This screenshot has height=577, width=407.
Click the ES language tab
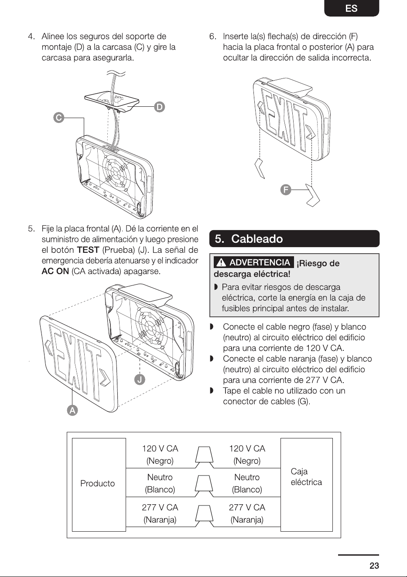tap(352, 8)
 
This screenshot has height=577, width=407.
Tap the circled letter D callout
tap(159, 107)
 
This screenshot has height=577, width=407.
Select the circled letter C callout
tap(59, 118)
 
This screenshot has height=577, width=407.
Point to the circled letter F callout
tap(286, 190)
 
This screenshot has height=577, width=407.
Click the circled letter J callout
tap(140, 380)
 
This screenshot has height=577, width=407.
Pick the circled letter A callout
tap(72, 411)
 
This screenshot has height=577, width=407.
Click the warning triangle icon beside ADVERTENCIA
tap(221, 262)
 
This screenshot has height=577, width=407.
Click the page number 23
tap(374, 566)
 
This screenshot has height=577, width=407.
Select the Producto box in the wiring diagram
tap(99, 485)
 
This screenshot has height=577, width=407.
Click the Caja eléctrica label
tap(306, 477)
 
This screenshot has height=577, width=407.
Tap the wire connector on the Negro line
tap(204, 457)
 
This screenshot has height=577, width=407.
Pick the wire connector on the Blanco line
tap(204, 486)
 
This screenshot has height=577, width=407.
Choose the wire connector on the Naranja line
tap(204, 516)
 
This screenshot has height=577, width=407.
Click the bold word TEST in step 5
tap(88, 250)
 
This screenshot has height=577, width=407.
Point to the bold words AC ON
tap(55, 271)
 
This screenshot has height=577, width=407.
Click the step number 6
tap(212, 36)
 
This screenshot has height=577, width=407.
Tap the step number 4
tap(31, 36)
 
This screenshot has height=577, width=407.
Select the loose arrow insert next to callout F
tap(313, 195)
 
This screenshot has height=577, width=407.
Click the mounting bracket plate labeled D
tap(112, 102)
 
